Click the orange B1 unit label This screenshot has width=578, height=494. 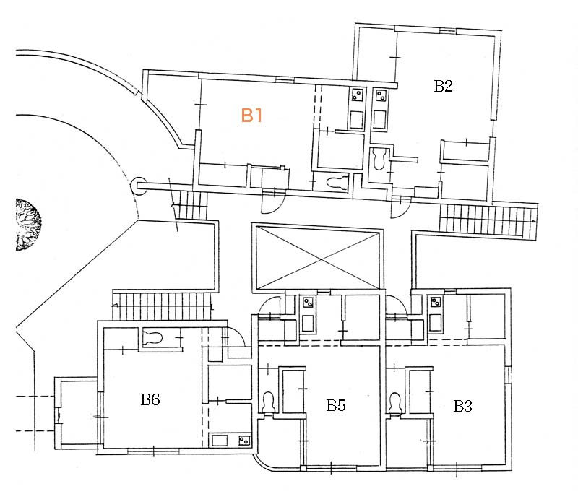click(251, 116)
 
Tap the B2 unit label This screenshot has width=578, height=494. click(443, 87)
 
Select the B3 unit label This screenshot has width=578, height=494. click(462, 406)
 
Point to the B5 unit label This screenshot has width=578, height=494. click(335, 405)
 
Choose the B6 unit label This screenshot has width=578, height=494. click(150, 399)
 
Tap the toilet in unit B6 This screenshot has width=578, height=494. click(153, 335)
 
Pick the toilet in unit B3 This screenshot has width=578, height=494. click(395, 402)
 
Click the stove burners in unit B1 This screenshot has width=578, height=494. click(357, 95)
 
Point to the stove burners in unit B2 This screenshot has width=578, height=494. click(380, 95)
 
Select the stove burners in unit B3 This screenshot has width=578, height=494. click(436, 302)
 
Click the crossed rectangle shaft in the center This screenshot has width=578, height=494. click(315, 256)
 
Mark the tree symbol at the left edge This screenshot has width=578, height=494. click(27, 225)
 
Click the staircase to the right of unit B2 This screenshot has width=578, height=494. click(488, 220)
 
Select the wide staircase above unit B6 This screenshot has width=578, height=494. click(164, 304)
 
